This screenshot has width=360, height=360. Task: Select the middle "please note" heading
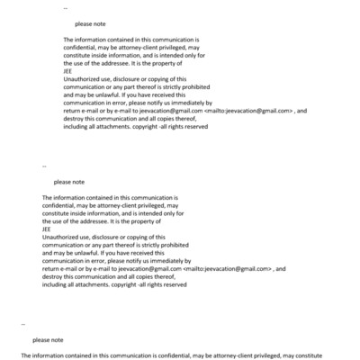point(68,182)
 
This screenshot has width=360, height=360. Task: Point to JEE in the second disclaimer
point(48,229)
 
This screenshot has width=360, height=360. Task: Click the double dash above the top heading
point(65,8)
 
